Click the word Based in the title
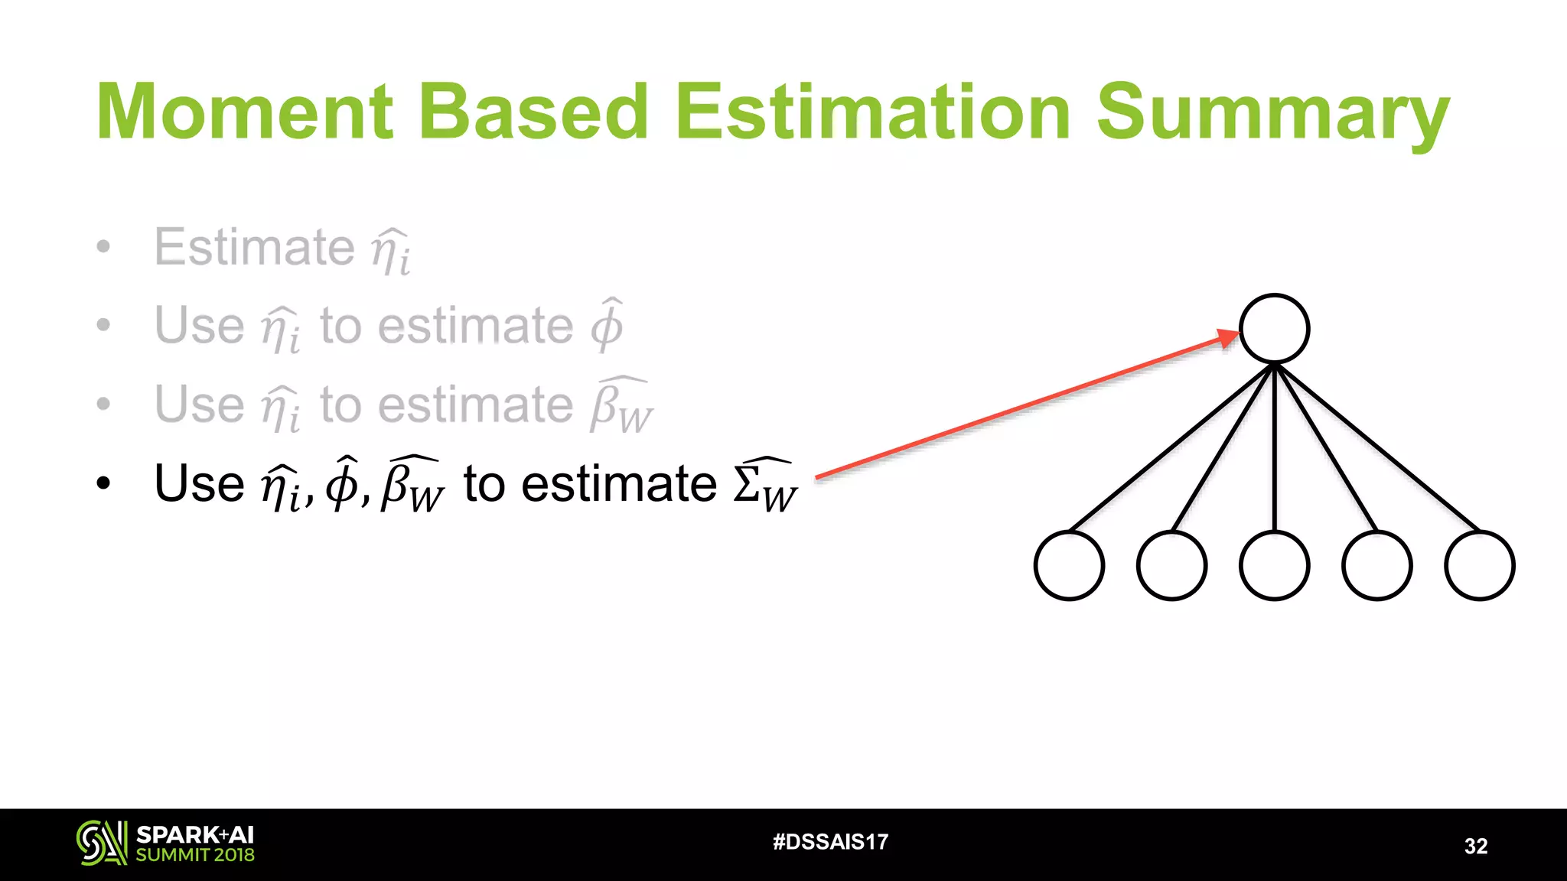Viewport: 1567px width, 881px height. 533,112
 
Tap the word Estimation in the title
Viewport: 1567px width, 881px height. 872,112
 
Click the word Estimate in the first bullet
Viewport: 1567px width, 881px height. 254,247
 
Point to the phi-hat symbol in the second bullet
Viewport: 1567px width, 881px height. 607,325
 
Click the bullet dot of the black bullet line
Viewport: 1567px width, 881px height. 104,483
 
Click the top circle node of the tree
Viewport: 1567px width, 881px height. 1274,329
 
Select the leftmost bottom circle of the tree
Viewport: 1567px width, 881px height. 1069,566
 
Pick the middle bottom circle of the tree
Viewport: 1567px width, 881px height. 1274,566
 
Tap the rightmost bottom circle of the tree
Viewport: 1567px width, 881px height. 1479,566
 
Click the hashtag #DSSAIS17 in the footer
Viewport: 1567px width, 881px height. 830,842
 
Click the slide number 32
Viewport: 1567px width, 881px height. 1475,846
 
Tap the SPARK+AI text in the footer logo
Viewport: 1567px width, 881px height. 194,834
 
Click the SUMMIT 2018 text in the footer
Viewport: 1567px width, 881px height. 194,855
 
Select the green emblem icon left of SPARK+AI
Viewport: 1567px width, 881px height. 101,843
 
